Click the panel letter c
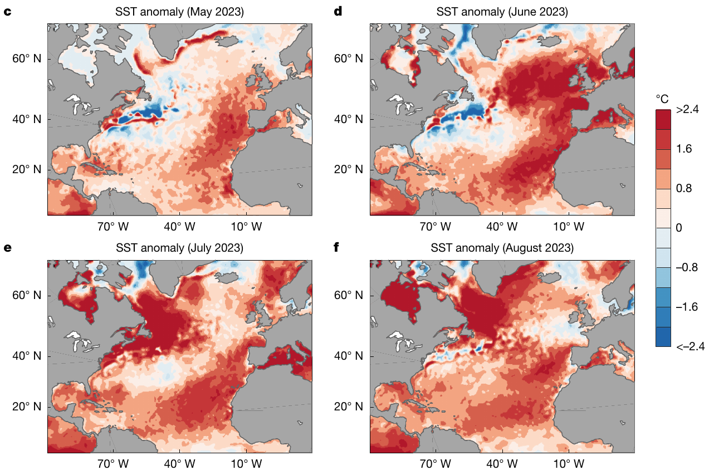click(x=7, y=12)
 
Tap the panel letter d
click(x=338, y=12)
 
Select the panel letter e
click(x=7, y=248)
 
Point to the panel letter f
click(x=336, y=248)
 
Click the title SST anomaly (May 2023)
click(x=179, y=12)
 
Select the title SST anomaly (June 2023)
click(x=502, y=12)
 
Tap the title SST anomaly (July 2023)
click(x=179, y=248)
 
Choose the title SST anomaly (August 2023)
click(x=502, y=248)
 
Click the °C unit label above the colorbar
click(x=662, y=99)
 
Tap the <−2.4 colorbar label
click(x=690, y=346)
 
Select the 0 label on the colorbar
click(x=679, y=228)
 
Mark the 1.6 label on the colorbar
click(x=684, y=149)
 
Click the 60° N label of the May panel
click(x=27, y=59)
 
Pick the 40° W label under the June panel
click(x=503, y=227)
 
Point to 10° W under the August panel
click(x=569, y=463)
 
